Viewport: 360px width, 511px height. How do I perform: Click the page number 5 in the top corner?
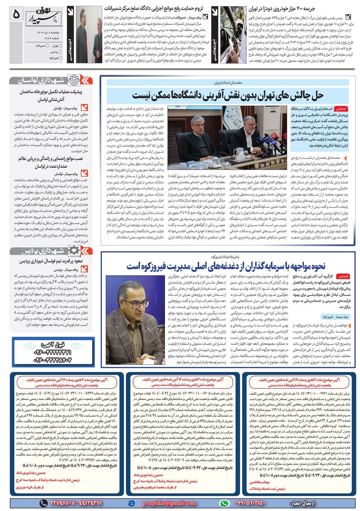click(16, 15)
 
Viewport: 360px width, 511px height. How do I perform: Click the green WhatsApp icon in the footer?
click(224, 503)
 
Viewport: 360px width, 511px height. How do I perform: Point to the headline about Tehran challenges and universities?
click(228, 95)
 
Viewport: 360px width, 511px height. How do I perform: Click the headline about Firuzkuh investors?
click(226, 266)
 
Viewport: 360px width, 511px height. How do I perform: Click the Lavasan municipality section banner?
click(51, 80)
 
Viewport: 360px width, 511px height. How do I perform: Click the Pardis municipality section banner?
click(51, 251)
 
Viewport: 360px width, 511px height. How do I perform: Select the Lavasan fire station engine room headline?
click(50, 95)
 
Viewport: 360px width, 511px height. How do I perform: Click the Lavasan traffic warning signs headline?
click(50, 162)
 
